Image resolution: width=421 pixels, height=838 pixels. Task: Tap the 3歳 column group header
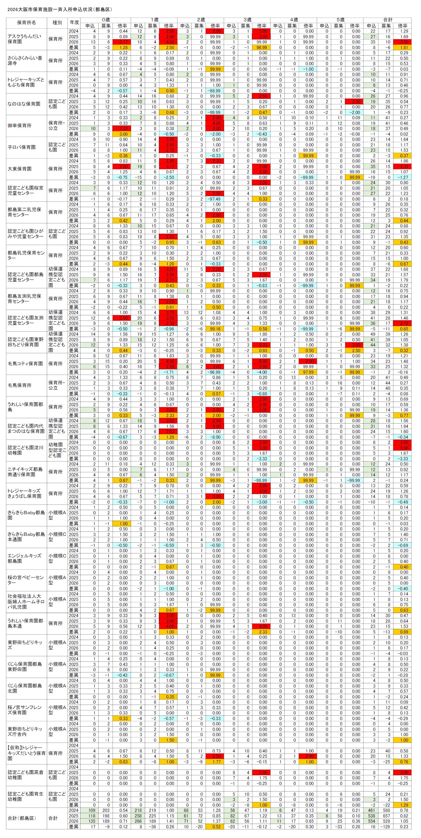click(247, 20)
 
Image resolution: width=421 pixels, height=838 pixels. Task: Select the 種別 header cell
click(57, 23)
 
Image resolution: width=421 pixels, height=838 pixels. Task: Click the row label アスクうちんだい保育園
click(24, 39)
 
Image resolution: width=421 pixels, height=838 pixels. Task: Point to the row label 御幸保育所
click(20, 125)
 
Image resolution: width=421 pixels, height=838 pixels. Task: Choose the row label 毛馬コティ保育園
click(25, 364)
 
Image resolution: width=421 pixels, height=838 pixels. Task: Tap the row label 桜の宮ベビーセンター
click(26, 580)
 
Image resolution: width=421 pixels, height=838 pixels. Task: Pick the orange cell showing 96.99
click(262, 47)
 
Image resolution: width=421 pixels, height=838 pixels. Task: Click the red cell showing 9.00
click(215, 426)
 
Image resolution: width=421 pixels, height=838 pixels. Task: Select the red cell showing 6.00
click(262, 362)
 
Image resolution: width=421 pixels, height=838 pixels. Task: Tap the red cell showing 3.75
click(169, 313)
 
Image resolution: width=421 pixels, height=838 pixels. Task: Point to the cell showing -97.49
click(215, 199)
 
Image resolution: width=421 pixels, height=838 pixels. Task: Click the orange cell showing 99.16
click(215, 329)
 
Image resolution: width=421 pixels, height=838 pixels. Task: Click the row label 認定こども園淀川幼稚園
click(25, 450)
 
